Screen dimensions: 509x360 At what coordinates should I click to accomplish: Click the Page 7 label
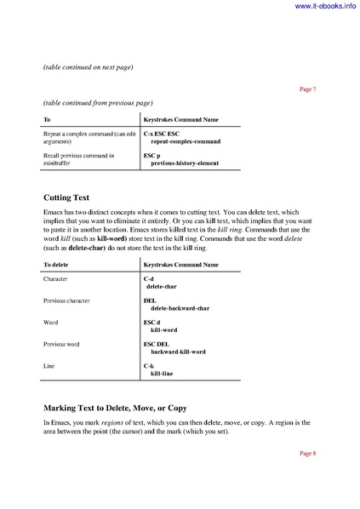(x=308, y=89)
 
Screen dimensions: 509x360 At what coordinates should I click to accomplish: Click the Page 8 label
(x=308, y=453)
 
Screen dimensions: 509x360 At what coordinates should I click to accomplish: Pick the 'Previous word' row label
(x=66, y=344)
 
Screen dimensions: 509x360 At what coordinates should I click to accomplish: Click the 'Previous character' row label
(x=71, y=300)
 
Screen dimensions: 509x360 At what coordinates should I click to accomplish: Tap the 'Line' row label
(x=49, y=365)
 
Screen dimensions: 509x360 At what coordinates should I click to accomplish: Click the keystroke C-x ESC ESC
(x=163, y=134)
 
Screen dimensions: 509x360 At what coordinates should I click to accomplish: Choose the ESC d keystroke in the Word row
(x=152, y=323)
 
